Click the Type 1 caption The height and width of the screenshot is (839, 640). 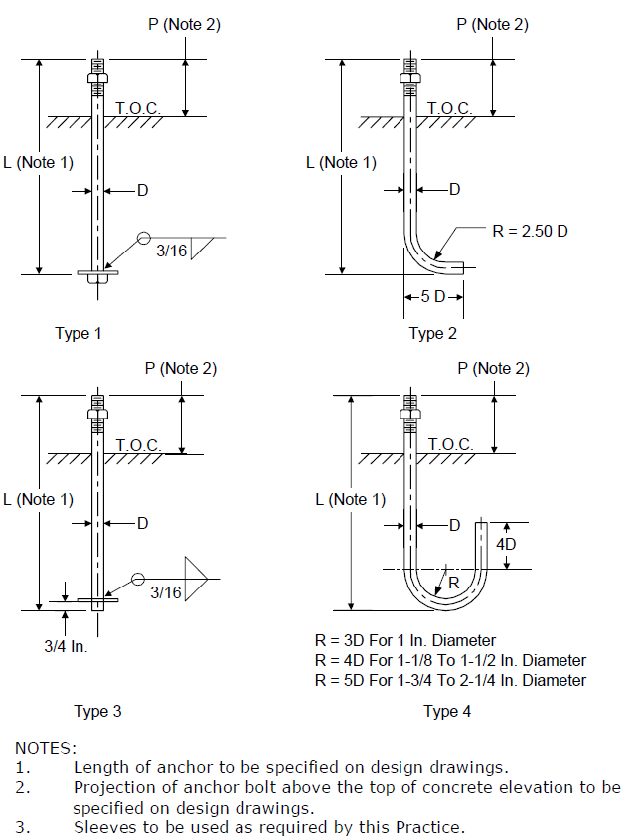point(79,333)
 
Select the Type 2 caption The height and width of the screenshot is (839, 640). point(433,333)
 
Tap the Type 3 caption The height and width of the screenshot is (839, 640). point(98,711)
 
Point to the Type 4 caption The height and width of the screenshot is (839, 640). point(447,711)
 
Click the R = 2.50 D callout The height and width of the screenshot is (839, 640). point(530,232)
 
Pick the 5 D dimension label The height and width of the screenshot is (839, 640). point(433,296)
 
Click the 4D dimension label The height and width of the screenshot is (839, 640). point(506,544)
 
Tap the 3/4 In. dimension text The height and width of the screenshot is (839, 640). point(66,646)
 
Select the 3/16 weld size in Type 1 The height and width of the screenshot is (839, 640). point(171,251)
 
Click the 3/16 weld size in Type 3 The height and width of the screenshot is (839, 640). point(166,592)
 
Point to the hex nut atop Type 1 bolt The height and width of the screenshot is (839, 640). point(98,78)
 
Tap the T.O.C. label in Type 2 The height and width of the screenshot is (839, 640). point(450,108)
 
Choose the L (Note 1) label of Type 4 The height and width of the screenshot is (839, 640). point(351,500)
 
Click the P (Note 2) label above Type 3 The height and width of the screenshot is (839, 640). point(181,368)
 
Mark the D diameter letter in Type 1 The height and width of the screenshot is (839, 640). point(142,191)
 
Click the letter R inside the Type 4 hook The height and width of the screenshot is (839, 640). point(454,583)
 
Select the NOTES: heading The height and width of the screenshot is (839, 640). point(46,748)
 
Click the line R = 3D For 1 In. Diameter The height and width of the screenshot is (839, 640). point(405,640)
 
